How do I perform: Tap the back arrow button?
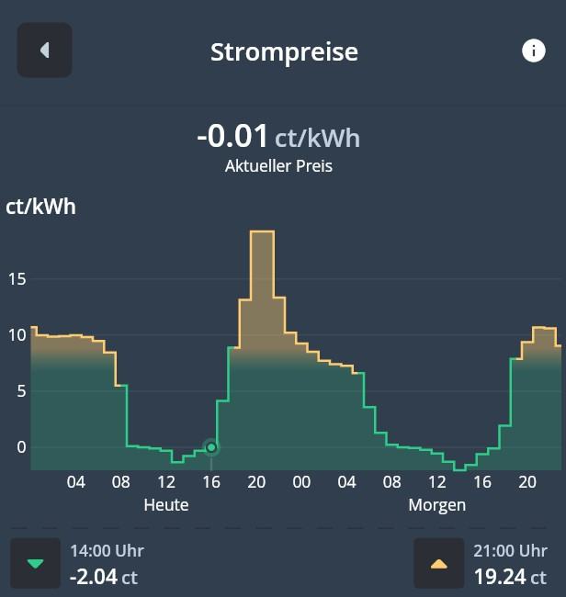tap(44, 51)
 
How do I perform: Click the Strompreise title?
tap(284, 51)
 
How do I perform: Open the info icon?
tap(534, 51)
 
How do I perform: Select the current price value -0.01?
tap(232, 137)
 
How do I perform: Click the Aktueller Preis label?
tap(278, 166)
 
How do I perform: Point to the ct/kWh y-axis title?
tap(41, 207)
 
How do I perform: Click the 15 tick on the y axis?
tap(17, 278)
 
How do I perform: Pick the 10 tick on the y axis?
tap(17, 335)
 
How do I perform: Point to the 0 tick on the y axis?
tap(22, 447)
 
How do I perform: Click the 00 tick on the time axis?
tap(301, 483)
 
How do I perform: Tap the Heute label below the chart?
tap(166, 505)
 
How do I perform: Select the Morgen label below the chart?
tap(437, 505)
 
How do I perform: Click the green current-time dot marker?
tap(211, 447)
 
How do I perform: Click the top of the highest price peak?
tap(262, 231)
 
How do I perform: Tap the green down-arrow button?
tap(35, 563)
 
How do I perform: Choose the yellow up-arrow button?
tap(439, 563)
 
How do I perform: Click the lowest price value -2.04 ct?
tap(104, 578)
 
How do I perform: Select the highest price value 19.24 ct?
tap(510, 578)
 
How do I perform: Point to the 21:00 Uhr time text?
tap(510, 551)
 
